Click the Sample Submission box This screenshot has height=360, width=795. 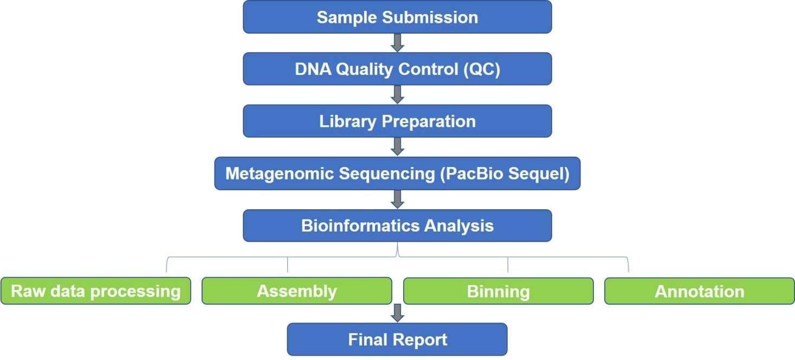pyautogui.click(x=397, y=17)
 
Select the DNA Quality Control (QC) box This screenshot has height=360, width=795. pyautogui.click(x=397, y=69)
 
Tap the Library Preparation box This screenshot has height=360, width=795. pyautogui.click(x=397, y=121)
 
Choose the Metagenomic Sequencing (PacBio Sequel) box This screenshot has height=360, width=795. pyautogui.click(x=397, y=173)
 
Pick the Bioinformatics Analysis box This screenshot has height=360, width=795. pyautogui.click(x=397, y=226)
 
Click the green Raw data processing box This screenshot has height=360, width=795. pyautogui.click(x=96, y=291)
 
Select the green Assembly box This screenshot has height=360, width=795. pyautogui.click(x=297, y=291)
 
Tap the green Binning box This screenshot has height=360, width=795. pyautogui.click(x=498, y=291)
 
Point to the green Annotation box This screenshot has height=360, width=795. pyautogui.click(x=699, y=291)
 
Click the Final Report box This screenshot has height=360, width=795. pyautogui.click(x=397, y=339)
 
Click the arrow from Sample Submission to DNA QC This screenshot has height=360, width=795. pyautogui.click(x=398, y=43)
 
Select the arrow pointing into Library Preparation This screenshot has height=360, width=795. pyautogui.click(x=398, y=95)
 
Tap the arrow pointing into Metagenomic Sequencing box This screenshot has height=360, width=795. pyautogui.click(x=398, y=147)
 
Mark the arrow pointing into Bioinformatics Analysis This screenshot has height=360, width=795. pyautogui.click(x=398, y=200)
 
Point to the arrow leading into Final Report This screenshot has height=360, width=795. pyautogui.click(x=398, y=313)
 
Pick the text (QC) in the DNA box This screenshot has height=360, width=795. pyautogui.click(x=482, y=69)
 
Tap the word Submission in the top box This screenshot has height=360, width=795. pyautogui.click(x=430, y=17)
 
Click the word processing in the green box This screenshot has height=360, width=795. pyautogui.click(x=135, y=292)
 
